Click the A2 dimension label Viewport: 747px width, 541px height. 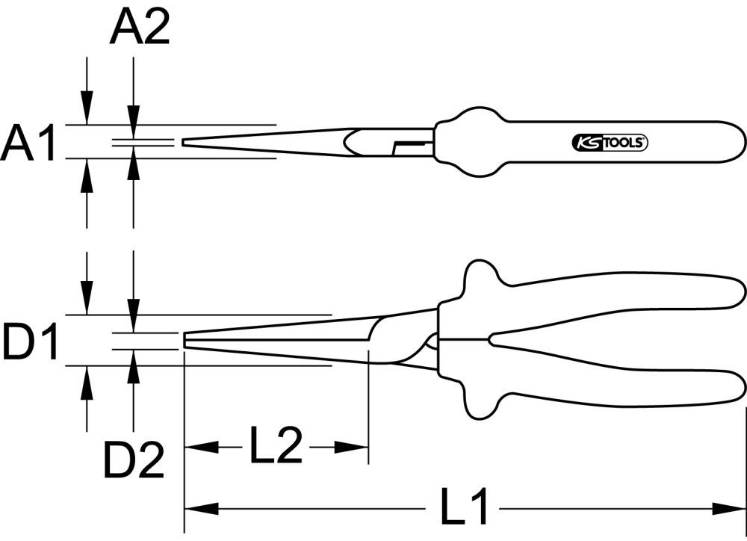pos(140,29)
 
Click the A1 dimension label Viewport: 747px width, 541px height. pos(28,143)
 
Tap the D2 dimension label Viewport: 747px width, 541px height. pos(134,461)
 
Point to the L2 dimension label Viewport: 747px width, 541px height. pos(275,448)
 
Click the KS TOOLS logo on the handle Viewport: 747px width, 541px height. pos(610,143)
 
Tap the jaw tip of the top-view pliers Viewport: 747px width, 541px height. pos(185,142)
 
